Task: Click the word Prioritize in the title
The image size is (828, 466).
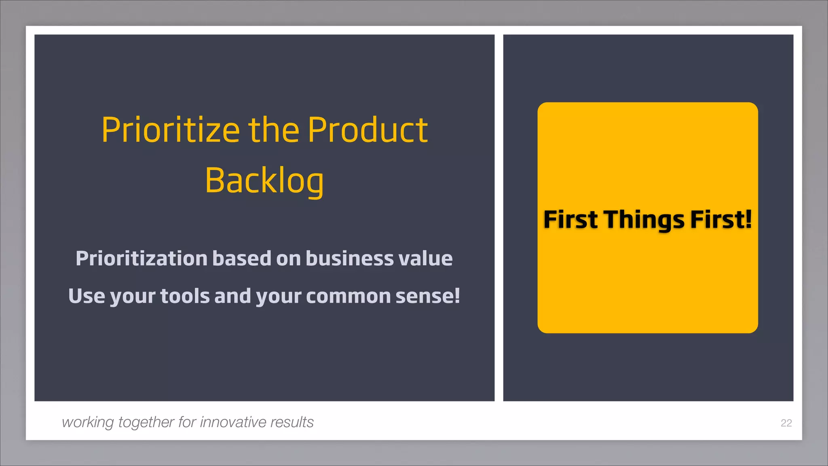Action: [x=171, y=130]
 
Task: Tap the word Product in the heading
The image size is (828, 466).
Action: [x=367, y=130]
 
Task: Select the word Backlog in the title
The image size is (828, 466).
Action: [x=264, y=181]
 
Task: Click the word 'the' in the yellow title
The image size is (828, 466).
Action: [x=274, y=130]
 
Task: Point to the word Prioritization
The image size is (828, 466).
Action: [x=142, y=258]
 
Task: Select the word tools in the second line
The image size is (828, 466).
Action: [x=185, y=296]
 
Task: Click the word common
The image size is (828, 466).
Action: [x=348, y=296]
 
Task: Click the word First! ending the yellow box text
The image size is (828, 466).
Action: [x=721, y=220]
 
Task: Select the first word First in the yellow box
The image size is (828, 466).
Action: [x=570, y=220]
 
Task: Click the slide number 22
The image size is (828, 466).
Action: [x=786, y=423]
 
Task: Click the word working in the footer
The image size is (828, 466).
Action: [x=88, y=422]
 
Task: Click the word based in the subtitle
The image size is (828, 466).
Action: [x=242, y=258]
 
